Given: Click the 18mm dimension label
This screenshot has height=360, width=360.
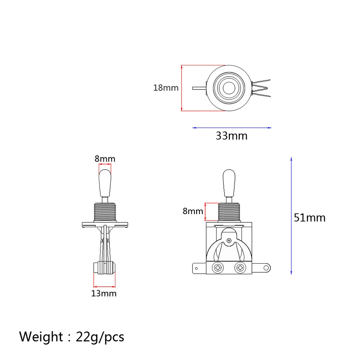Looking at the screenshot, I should (x=166, y=88).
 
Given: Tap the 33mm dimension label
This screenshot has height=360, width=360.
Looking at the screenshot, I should (x=231, y=136).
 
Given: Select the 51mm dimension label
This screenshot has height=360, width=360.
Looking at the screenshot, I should (x=309, y=218).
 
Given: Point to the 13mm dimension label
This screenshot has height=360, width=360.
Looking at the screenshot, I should (x=104, y=294).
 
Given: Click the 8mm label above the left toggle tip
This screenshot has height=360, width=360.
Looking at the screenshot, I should (x=105, y=159).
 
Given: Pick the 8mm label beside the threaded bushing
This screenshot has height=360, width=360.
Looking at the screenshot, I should (x=193, y=211).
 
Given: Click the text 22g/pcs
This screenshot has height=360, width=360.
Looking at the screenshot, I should (x=100, y=337).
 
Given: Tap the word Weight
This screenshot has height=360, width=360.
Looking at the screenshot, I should (x=41, y=337).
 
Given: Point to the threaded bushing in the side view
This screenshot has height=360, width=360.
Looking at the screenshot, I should (x=105, y=212).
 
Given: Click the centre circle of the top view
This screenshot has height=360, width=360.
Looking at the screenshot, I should (x=228, y=88).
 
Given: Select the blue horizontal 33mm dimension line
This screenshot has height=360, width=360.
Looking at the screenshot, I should (x=232, y=128).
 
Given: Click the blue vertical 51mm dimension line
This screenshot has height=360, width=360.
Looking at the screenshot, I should (x=291, y=216).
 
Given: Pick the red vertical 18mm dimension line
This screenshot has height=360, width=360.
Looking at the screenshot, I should (x=182, y=88).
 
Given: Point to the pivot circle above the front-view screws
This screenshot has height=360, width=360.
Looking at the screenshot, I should (x=229, y=240).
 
